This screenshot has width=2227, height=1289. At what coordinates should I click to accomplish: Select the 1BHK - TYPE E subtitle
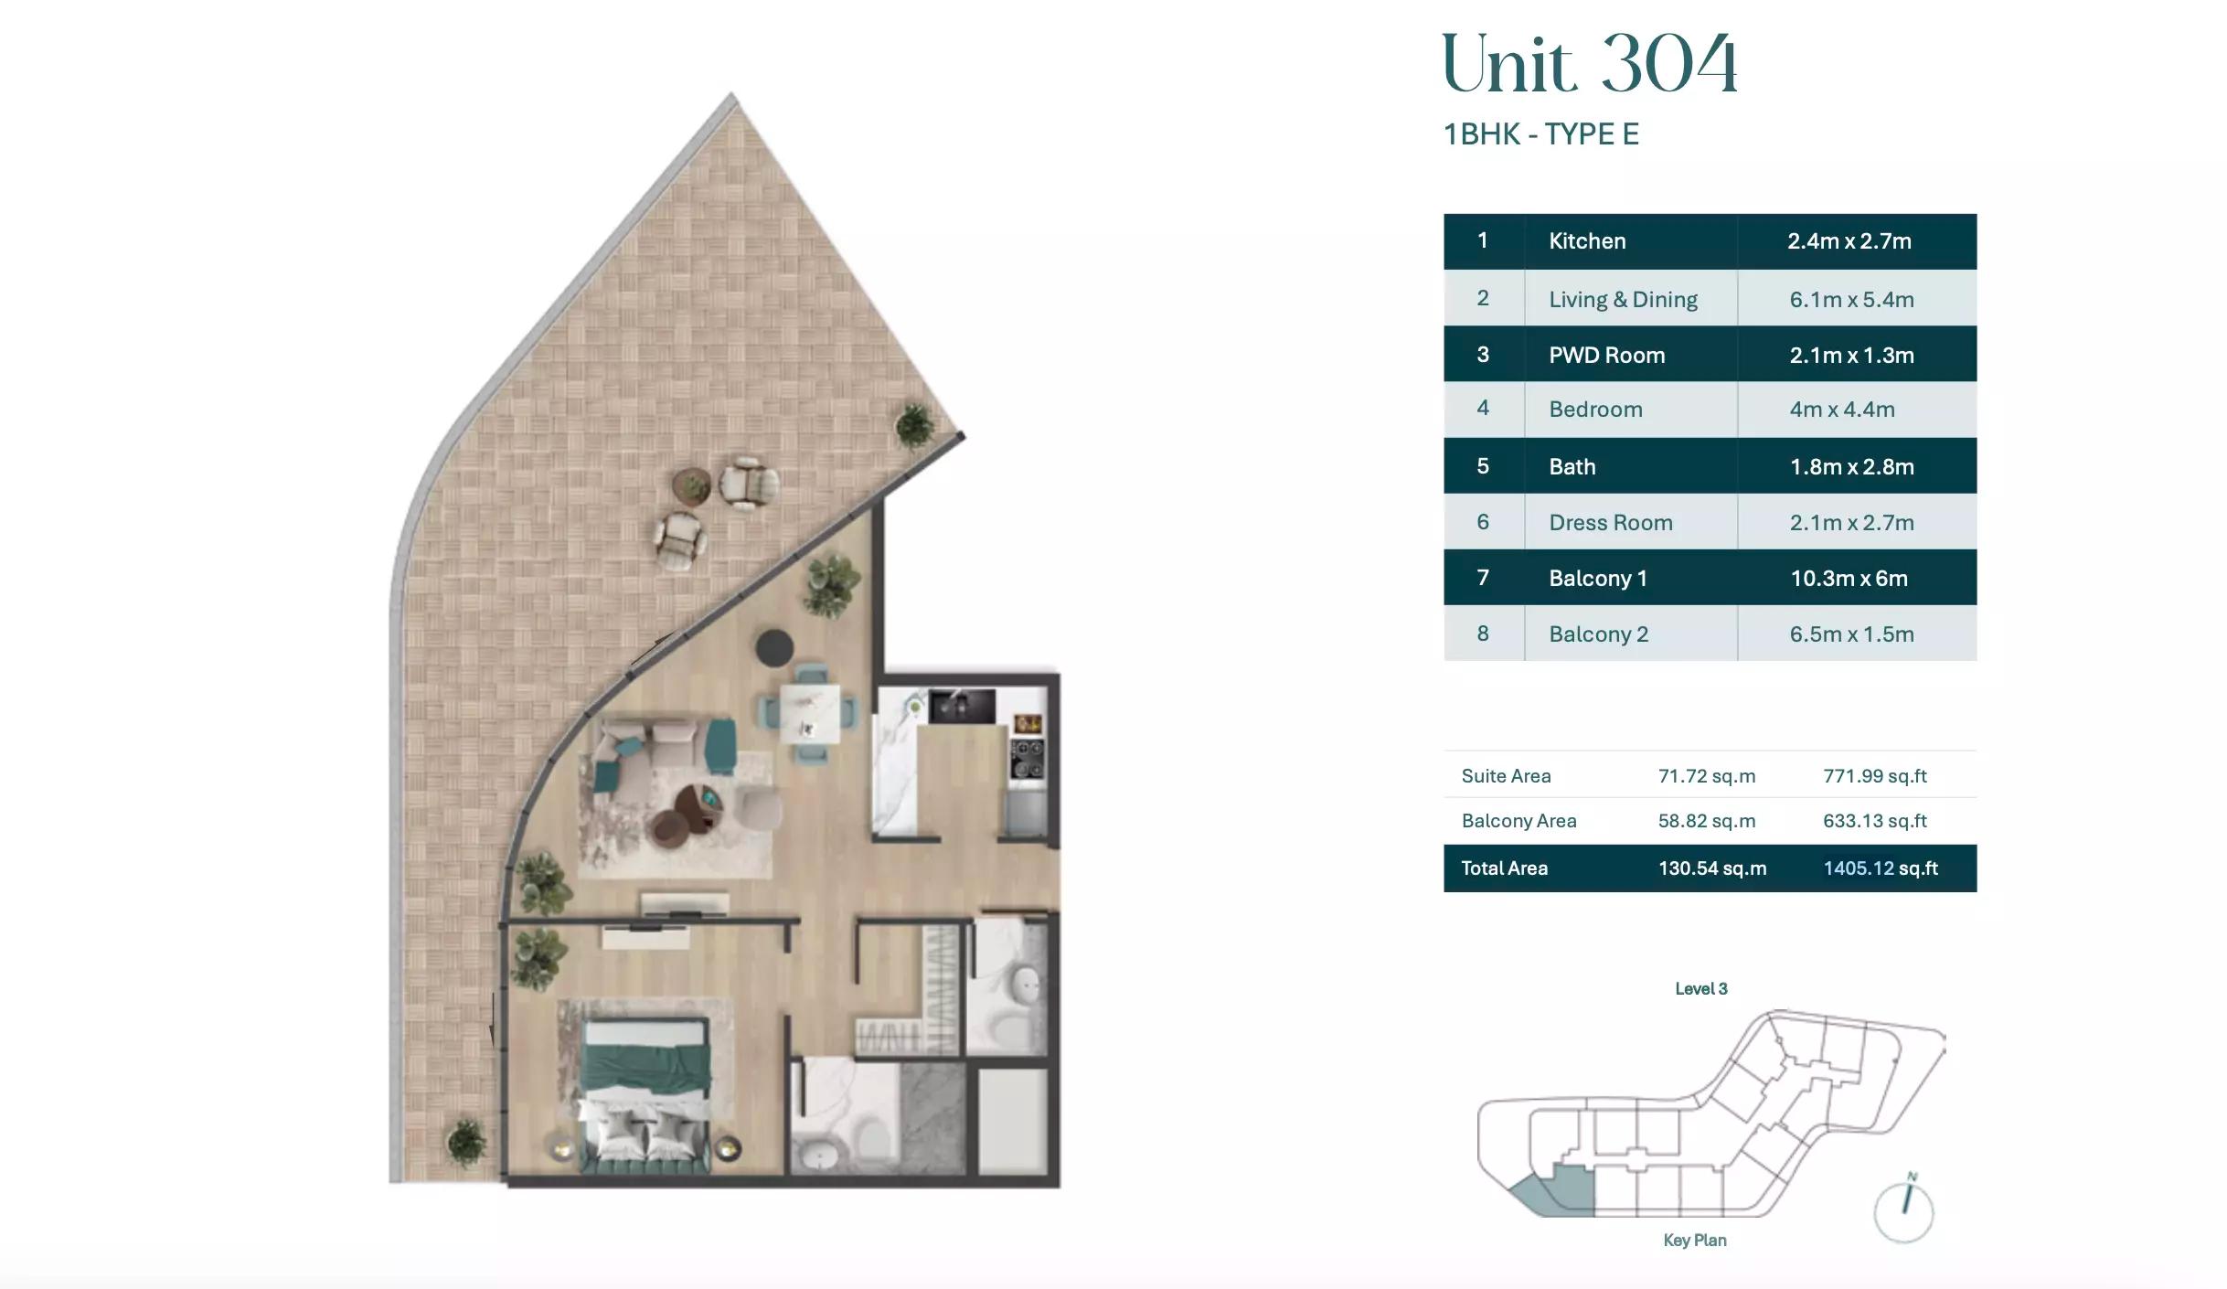[1541, 134]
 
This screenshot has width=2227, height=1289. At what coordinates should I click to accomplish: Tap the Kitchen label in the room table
[1587, 241]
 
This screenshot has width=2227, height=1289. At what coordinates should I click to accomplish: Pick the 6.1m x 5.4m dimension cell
[1851, 299]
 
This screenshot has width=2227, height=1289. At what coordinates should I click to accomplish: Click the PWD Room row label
[1606, 355]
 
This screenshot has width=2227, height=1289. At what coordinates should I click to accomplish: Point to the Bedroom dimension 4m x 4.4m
[1841, 409]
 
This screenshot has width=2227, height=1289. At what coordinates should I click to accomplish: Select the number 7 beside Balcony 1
[1483, 578]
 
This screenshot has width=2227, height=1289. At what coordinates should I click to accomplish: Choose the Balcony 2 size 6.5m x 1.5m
[1851, 634]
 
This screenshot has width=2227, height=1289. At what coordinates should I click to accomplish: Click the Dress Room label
[1610, 522]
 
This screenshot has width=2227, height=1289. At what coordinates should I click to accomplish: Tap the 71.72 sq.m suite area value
[1707, 776]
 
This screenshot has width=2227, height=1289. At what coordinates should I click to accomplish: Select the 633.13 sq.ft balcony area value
[1874, 821]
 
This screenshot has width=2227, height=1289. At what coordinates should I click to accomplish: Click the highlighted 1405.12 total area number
[1859, 868]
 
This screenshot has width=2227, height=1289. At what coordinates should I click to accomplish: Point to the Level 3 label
[1700, 988]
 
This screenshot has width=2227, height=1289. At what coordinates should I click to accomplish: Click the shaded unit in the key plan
[1559, 1194]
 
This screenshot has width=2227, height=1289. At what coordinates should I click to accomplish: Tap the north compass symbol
[1903, 1209]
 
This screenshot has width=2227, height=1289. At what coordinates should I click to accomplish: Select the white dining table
[810, 714]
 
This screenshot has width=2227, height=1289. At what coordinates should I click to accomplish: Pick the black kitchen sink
[962, 707]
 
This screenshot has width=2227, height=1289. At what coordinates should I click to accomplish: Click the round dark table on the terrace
[691, 485]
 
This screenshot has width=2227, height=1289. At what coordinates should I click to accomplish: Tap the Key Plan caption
[1695, 1241]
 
